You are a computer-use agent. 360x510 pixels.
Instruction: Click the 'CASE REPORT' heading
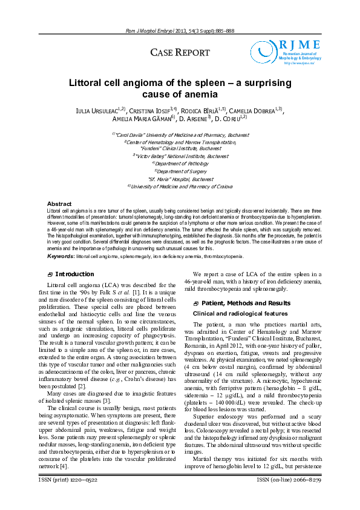(180, 53)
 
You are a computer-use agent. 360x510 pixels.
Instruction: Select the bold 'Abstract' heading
(59, 204)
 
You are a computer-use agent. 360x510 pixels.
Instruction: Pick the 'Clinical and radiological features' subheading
(233, 313)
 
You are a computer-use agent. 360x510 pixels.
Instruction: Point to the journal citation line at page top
(180, 30)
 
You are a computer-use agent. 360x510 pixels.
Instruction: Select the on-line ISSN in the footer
(288, 497)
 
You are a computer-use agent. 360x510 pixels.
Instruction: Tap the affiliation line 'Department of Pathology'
(180, 164)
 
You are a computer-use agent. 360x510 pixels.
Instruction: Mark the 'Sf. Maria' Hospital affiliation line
(180, 179)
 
